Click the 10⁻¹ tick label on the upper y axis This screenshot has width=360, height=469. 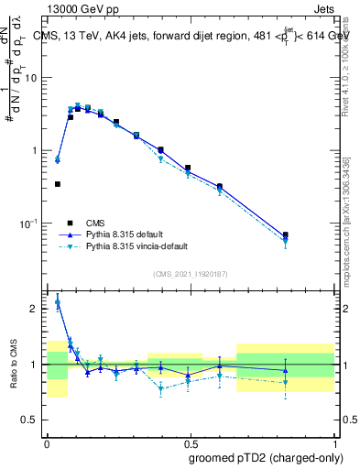(31, 223)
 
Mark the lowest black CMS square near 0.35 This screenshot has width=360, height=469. (58, 184)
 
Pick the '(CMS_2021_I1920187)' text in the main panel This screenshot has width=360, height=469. (191, 275)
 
